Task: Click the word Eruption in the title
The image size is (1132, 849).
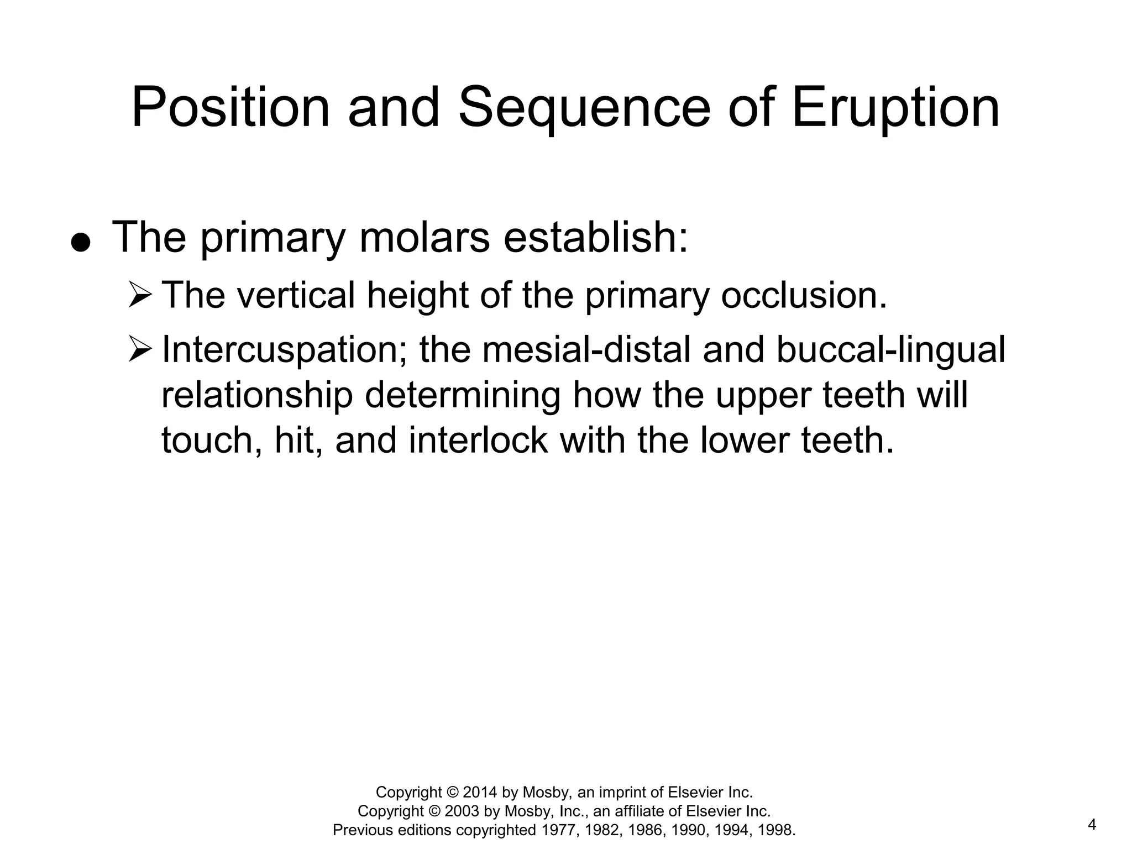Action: [895, 108]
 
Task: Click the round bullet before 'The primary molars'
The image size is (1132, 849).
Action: [81, 242]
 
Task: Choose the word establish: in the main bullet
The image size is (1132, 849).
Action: [596, 238]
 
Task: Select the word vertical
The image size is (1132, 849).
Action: [296, 295]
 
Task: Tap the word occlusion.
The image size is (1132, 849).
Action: [804, 295]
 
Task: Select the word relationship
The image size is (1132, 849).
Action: [256, 396]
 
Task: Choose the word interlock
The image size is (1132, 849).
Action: [478, 441]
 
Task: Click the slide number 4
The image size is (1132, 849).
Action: [1092, 825]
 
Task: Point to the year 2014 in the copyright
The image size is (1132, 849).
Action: [480, 792]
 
